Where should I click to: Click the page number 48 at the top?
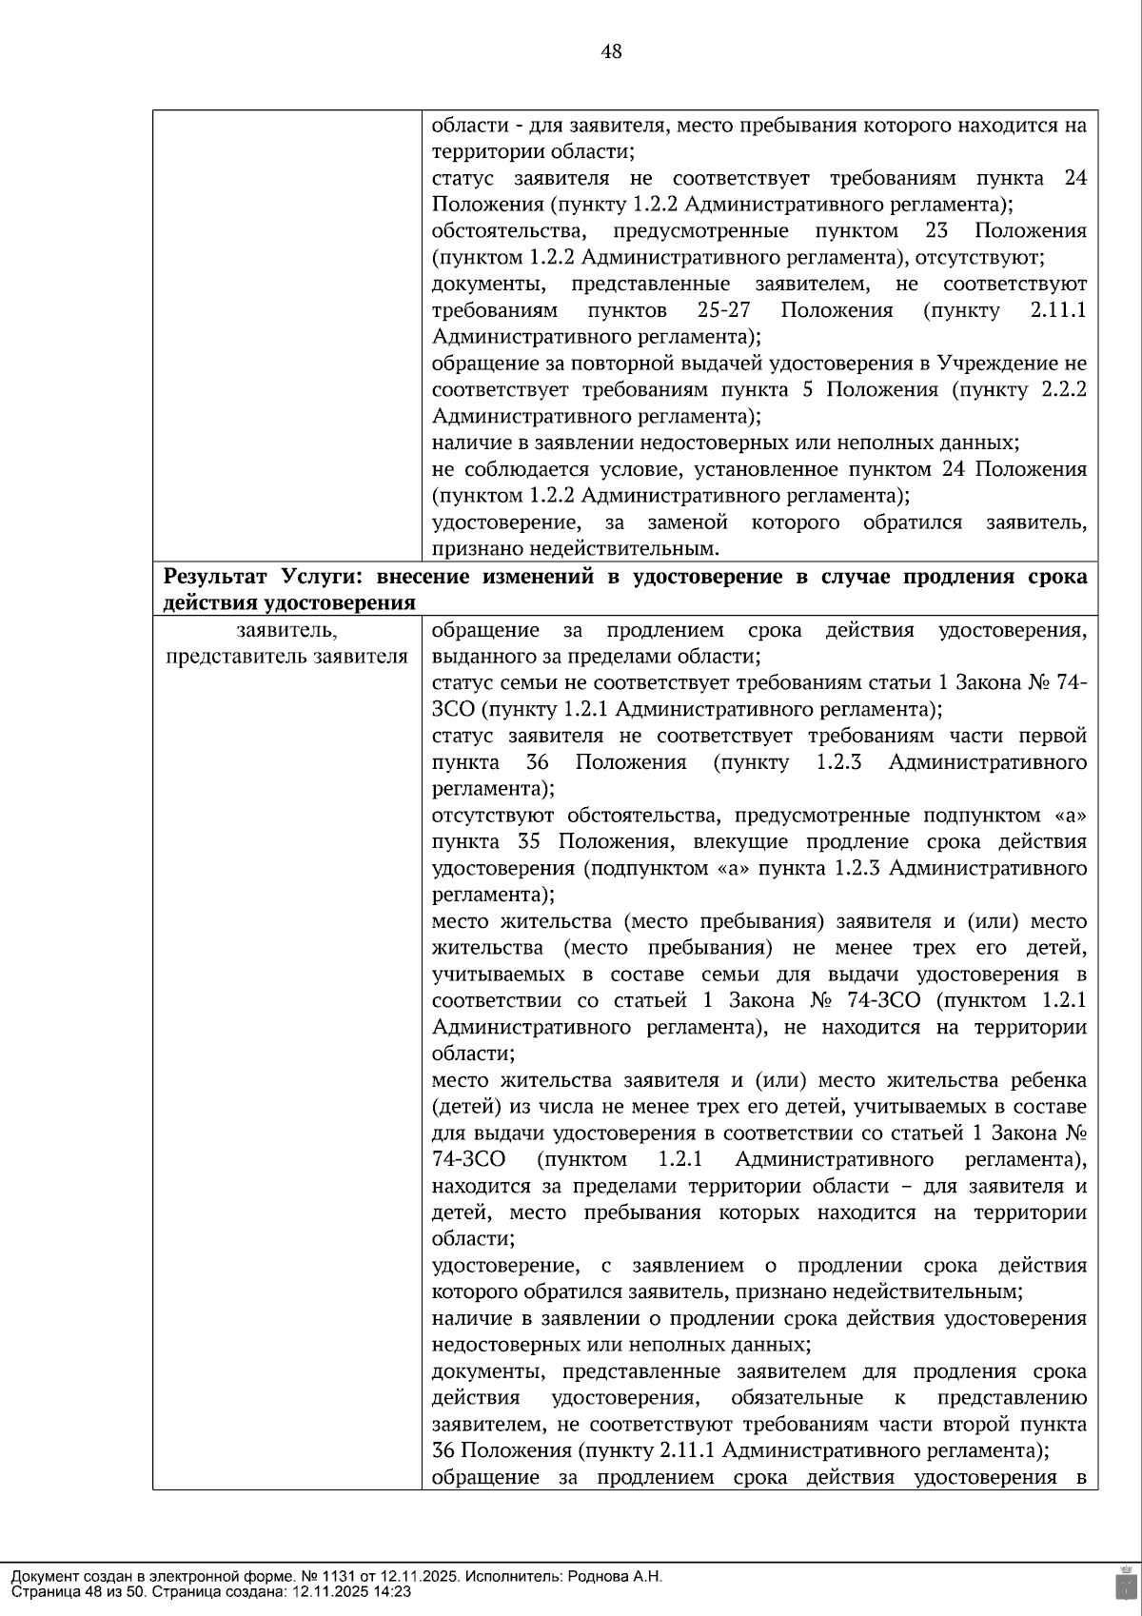611,52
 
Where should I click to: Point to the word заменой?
687,522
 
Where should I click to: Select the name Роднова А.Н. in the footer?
615,1576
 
